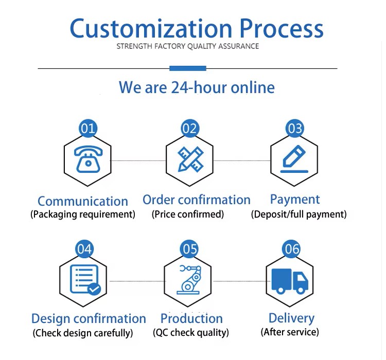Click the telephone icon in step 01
click(88, 159)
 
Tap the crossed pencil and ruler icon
click(190, 159)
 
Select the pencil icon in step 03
click(294, 159)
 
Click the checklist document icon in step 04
click(85, 280)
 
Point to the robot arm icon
click(188, 280)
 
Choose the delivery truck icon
click(290, 281)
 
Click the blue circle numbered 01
click(88, 129)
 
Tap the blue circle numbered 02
click(190, 129)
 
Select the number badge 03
click(295, 129)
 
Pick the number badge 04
click(84, 249)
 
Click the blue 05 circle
click(189, 249)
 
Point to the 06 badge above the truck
click(291, 249)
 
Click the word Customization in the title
click(151, 28)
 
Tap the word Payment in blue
click(295, 200)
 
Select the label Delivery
click(291, 318)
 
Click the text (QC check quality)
click(191, 333)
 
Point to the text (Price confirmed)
click(187, 214)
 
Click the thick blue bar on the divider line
click(188, 68)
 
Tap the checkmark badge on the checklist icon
click(94, 289)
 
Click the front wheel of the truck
click(301, 290)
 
